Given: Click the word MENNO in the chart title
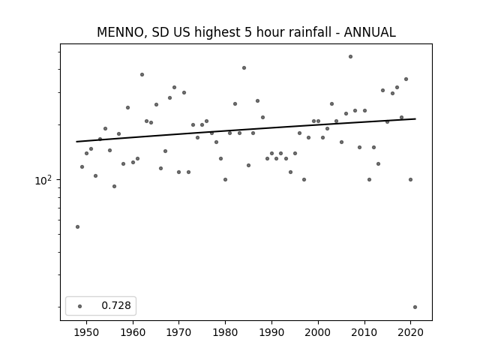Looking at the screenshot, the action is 120,32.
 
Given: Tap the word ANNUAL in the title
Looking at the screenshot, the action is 370,32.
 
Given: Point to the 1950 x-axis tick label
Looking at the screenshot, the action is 86,332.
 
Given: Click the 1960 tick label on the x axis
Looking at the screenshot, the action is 133,332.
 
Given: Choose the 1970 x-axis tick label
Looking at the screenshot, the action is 178,332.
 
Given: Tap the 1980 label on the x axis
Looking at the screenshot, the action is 225,332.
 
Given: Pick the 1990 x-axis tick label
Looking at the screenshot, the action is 271,332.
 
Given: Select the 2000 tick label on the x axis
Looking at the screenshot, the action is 318,332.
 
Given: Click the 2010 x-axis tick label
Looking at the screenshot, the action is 364,332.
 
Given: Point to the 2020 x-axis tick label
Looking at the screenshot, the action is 410,332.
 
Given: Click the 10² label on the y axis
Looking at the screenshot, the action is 43,180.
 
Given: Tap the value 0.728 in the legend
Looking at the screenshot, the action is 116,305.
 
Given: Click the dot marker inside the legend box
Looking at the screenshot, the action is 80,306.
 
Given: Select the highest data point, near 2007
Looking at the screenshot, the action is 350,57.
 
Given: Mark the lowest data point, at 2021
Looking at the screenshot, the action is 415,307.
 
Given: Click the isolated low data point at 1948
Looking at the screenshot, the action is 77,226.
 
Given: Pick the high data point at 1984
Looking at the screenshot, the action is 244,68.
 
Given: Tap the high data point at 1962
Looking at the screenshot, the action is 142,75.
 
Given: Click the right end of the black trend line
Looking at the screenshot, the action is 415,118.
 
